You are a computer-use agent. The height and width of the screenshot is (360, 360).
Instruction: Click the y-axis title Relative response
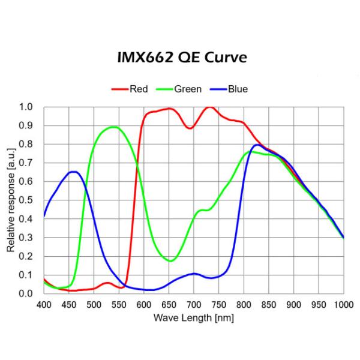[11, 200]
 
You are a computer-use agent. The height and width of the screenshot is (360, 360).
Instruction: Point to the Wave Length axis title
[193, 317]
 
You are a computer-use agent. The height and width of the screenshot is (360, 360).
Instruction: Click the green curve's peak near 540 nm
[113, 127]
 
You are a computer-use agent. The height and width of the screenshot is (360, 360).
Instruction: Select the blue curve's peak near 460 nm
[73, 172]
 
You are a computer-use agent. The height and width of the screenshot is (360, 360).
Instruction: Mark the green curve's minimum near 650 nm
[170, 261]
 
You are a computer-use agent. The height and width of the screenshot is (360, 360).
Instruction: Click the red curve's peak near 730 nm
[209, 107]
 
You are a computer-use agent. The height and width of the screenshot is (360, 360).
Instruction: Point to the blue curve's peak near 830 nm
[257, 145]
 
